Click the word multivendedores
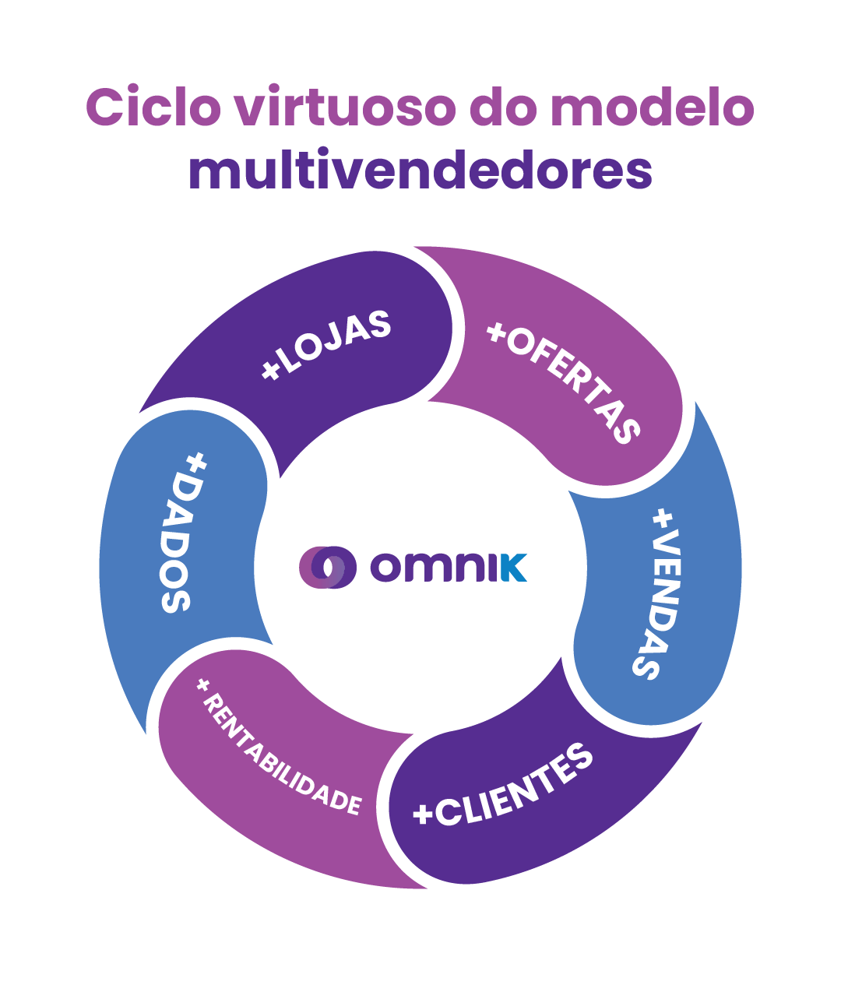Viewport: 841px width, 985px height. [x=420, y=170]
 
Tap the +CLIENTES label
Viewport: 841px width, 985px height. [x=503, y=787]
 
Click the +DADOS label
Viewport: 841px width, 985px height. [x=184, y=533]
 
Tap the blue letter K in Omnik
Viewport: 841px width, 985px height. [x=513, y=568]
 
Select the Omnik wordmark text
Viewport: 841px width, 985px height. [x=449, y=568]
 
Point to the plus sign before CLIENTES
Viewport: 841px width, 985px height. [x=423, y=814]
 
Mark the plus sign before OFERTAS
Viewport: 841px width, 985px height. [x=496, y=332]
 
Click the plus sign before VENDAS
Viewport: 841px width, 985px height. [x=663, y=518]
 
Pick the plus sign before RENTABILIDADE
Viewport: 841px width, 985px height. [x=204, y=685]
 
